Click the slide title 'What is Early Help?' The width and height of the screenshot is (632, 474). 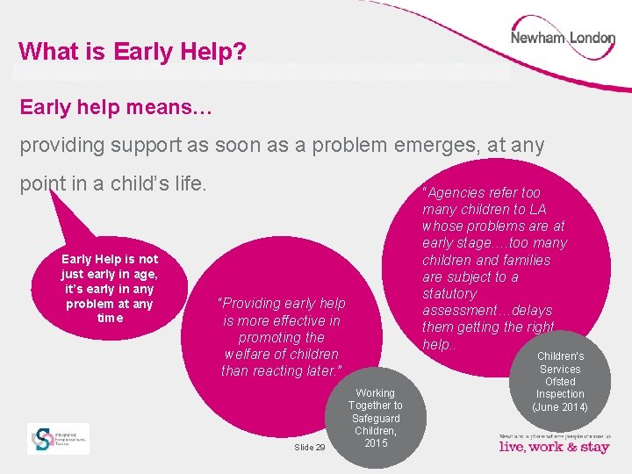tap(132, 52)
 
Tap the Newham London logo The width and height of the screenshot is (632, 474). tap(563, 39)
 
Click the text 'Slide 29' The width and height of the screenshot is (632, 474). tap(309, 448)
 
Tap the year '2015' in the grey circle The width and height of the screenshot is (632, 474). tap(375, 443)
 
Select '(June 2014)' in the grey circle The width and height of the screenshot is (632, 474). tap(560, 407)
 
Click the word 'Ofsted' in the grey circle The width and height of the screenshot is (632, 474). tap(560, 382)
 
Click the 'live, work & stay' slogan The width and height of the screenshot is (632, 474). tap(554, 447)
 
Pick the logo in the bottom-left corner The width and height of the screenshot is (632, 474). tap(58, 438)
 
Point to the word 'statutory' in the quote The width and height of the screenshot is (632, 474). tap(449, 293)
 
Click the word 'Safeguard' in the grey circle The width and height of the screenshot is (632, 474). tap(375, 419)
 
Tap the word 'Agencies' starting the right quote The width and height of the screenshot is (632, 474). tap(456, 192)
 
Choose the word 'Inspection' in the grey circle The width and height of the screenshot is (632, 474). tap(560, 394)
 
